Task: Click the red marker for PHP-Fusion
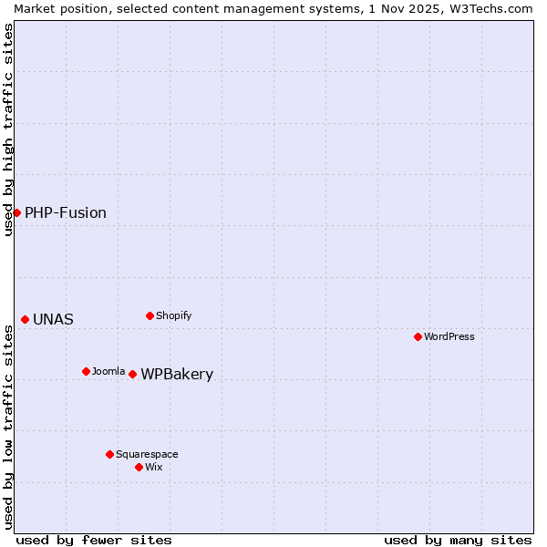pos(16,212)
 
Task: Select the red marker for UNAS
pos(25,319)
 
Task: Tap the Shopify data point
pos(150,315)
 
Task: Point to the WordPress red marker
pos(418,336)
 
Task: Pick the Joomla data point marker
pos(86,371)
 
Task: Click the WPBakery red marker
pos(132,374)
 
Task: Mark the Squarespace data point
pos(109,454)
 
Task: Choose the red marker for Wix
pos(139,467)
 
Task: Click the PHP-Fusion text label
pos(66,213)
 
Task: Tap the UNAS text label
pos(53,320)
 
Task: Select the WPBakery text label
pos(177,375)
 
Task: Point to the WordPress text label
pos(449,337)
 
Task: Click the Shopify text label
pos(174,316)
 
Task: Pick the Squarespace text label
pos(147,455)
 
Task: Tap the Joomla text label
pos(108,372)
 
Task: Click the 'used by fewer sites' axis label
pos(94,540)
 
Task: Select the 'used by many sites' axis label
pos(458,540)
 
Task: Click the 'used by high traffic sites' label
pos(8,129)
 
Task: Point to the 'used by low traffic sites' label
pos(8,427)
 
